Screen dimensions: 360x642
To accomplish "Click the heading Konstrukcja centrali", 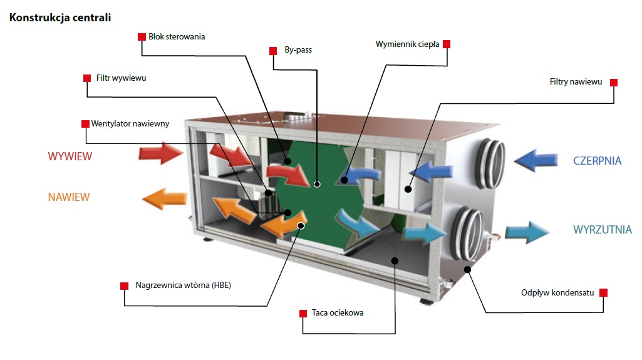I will click(x=60, y=18).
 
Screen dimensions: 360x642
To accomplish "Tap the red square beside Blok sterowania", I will click(x=142, y=37).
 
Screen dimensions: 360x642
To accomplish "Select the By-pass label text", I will click(x=298, y=50).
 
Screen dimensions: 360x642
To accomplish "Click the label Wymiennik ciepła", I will click(x=407, y=44).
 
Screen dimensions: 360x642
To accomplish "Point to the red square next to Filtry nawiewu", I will click(x=614, y=83).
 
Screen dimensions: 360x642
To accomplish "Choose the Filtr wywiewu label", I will click(x=121, y=78).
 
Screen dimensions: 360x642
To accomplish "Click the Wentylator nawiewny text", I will click(x=130, y=123).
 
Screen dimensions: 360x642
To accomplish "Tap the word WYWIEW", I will click(x=70, y=157).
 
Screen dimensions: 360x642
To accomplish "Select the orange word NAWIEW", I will click(x=69, y=197).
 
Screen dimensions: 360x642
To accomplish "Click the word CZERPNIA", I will click(x=597, y=161).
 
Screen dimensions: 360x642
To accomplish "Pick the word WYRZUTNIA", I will click(x=602, y=230).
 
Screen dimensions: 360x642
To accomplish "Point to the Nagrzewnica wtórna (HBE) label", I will click(x=179, y=285).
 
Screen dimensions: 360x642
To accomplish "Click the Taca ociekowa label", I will click(x=338, y=312).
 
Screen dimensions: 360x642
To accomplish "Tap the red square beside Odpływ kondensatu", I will click(x=603, y=292).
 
